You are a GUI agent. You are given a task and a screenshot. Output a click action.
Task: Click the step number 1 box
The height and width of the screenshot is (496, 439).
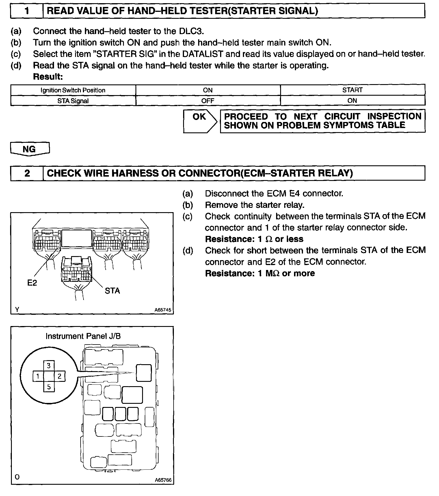(x=27, y=11)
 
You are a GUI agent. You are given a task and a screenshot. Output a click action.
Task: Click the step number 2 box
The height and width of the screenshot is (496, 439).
(x=27, y=173)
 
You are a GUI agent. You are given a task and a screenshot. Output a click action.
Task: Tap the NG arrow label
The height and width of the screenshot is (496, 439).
(x=29, y=149)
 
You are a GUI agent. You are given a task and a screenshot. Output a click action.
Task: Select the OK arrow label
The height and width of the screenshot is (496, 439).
(x=199, y=117)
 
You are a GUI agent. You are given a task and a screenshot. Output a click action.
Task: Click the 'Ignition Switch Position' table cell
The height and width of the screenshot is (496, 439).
(x=73, y=90)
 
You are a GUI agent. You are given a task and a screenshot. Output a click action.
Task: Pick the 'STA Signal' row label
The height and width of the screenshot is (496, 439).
(x=73, y=101)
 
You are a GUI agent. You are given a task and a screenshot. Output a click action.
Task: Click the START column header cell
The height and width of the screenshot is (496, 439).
(x=352, y=90)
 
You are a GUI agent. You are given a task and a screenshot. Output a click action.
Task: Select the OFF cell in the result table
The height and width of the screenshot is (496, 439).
(x=208, y=101)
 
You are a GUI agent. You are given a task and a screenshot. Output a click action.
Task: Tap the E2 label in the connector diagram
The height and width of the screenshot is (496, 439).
(x=32, y=283)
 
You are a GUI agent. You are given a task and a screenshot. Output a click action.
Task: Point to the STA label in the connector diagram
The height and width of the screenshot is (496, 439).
(x=112, y=291)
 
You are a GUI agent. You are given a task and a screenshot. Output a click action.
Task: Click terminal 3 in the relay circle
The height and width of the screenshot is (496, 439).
(x=49, y=366)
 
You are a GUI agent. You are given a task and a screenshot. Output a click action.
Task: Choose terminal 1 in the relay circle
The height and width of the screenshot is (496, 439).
(x=38, y=376)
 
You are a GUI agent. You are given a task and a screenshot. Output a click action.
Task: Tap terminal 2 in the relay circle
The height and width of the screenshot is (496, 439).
(x=59, y=376)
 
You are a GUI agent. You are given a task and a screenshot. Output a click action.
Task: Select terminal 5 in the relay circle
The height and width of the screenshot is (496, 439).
(x=49, y=387)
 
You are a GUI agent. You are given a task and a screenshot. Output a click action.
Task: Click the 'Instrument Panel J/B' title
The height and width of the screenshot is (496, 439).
(x=83, y=336)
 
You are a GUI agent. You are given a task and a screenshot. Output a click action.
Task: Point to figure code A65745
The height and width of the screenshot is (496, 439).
(x=163, y=310)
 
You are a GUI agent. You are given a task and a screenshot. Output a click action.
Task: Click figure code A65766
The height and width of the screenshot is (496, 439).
(x=163, y=480)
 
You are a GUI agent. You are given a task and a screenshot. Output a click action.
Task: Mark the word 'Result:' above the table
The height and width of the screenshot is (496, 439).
(x=48, y=77)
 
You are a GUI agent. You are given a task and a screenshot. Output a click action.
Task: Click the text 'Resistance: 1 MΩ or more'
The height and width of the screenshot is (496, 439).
(x=260, y=273)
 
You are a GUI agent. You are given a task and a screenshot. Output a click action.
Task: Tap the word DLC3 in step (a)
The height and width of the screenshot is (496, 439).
(x=191, y=31)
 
